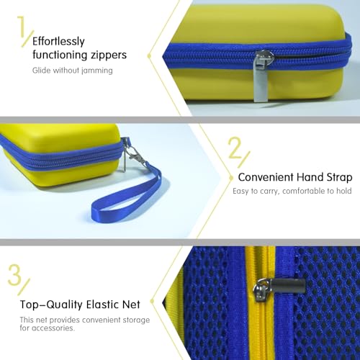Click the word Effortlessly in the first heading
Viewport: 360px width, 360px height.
pos(58,42)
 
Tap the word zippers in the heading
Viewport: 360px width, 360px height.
pos(109,55)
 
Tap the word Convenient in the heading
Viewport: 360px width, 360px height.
pos(266,177)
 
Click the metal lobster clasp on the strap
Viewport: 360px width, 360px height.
pos(135,153)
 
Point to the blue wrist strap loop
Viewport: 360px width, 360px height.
pos(127,194)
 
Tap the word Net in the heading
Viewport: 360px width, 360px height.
pos(131,305)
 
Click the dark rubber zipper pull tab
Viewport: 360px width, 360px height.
pos(289,286)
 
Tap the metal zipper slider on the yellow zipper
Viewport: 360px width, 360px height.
pos(261,289)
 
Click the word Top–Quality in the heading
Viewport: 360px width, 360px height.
pos(51,305)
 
